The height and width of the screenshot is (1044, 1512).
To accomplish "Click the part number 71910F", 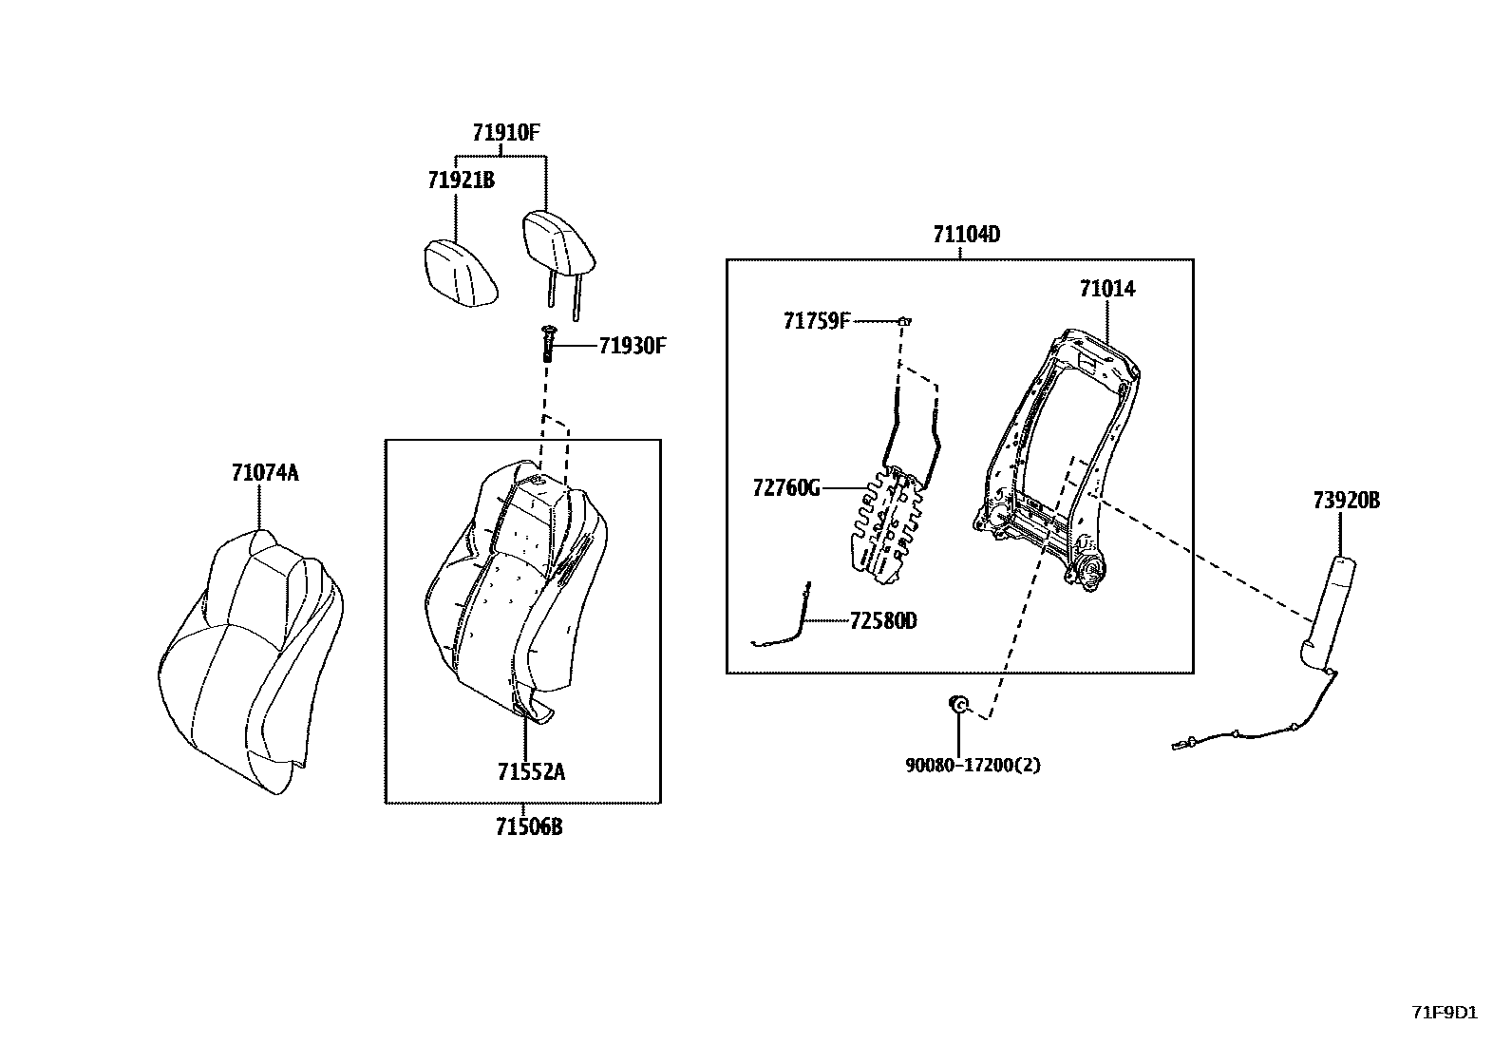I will (507, 133).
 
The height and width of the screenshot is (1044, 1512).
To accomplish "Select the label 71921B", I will (461, 180).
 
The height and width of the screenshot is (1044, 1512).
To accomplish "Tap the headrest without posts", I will (461, 273).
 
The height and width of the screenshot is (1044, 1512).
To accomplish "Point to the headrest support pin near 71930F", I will (548, 343).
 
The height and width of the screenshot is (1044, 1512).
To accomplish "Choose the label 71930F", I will (632, 346).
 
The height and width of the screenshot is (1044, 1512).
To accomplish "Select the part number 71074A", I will (264, 472).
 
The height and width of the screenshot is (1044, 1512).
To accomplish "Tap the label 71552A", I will (530, 771).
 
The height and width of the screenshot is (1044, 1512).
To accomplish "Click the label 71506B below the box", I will (528, 827).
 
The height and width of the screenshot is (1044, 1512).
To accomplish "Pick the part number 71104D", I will (966, 235).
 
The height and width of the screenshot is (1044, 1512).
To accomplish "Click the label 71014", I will (1106, 289).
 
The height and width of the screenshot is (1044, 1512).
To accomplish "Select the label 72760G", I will (785, 488).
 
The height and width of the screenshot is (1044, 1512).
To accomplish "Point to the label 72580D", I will (883, 621).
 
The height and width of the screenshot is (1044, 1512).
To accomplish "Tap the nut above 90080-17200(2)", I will (959, 704).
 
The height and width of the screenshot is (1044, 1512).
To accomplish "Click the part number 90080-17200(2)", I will (972, 764).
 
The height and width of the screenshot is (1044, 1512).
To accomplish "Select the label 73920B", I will (1346, 501).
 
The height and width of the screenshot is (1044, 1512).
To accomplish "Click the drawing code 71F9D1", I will (1444, 1012).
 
